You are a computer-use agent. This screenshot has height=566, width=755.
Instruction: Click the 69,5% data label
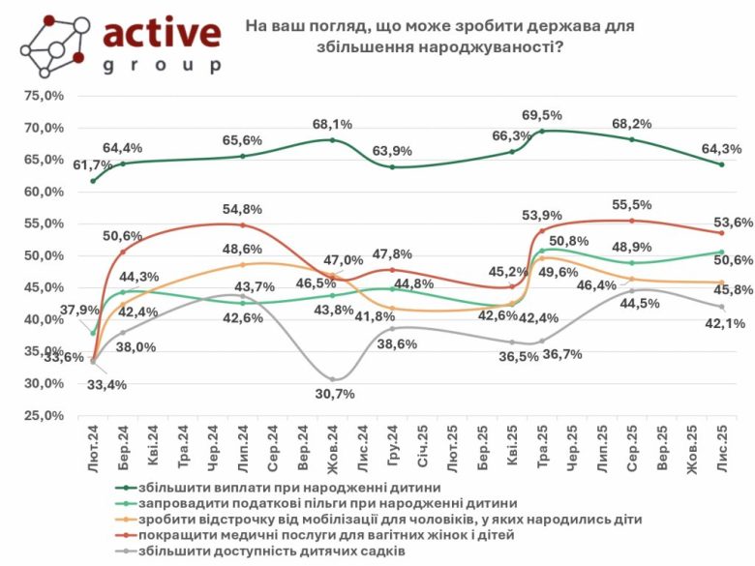point(543,115)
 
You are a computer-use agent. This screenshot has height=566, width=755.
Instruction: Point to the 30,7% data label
point(335,393)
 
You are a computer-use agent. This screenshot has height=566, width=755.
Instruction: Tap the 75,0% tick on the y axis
point(43,96)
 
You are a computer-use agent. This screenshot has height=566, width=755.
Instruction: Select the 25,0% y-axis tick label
point(43,415)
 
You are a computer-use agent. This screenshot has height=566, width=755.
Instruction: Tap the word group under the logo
point(162,66)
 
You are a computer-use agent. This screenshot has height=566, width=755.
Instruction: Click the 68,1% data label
point(332,124)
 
